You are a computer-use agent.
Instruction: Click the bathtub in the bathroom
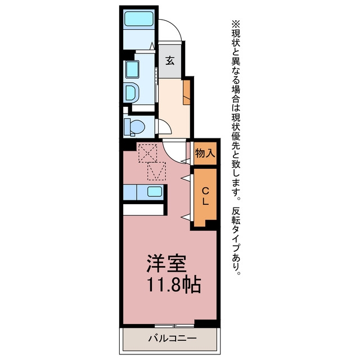tap(139, 19)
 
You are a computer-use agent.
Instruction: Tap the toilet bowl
tap(137, 127)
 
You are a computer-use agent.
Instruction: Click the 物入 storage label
tap(205, 153)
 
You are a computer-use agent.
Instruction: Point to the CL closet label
tap(205, 196)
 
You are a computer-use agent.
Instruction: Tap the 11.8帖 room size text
tap(173, 285)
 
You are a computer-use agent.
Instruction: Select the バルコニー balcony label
tap(173, 339)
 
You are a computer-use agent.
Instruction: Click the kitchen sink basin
tap(155, 191)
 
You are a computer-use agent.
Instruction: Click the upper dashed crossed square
tap(147, 153)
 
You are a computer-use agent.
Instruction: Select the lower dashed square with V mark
tap(156, 171)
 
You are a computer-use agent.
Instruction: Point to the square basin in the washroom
tap(132, 69)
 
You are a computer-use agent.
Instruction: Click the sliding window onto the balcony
tap(174, 326)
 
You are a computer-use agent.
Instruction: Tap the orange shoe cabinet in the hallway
tap(187, 92)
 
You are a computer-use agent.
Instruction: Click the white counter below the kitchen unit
tap(143, 210)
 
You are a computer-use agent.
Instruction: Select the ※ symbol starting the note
tap(236, 24)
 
